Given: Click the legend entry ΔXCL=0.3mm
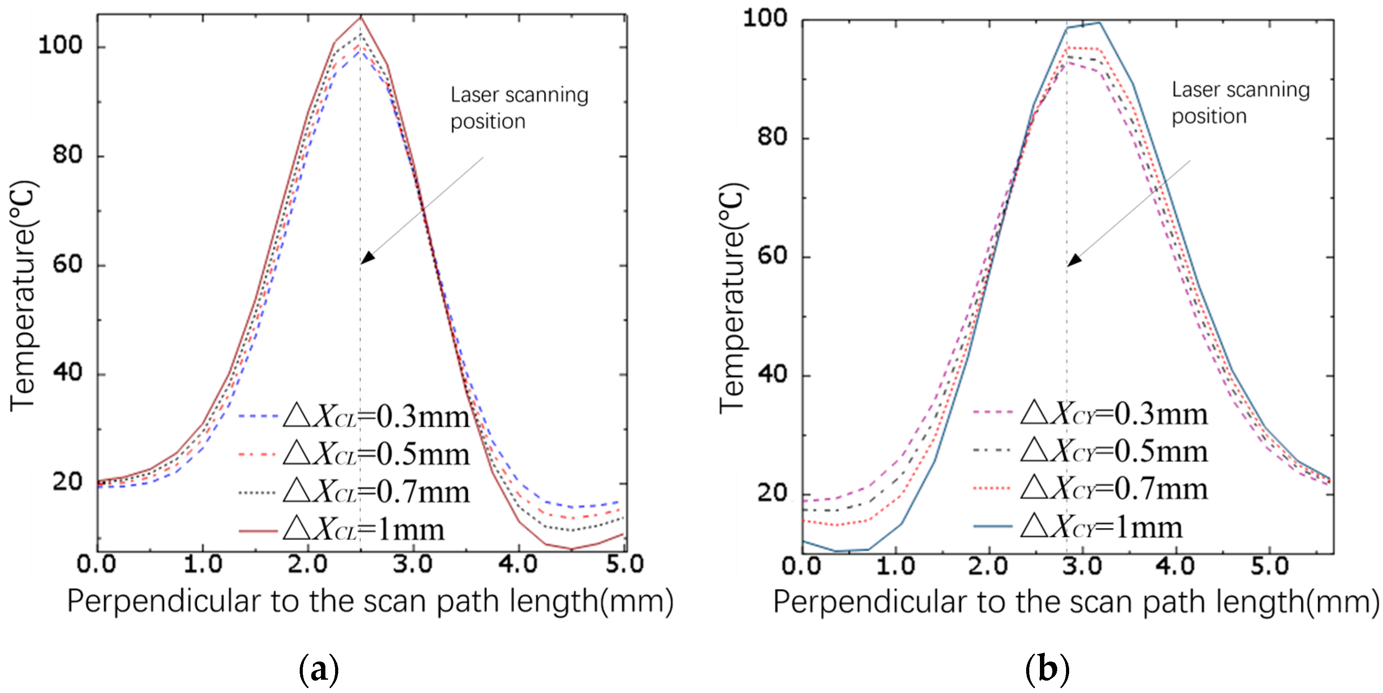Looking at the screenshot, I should coord(354,417).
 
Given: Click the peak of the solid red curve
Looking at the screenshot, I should coord(361,17).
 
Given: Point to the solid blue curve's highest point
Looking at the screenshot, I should coord(1100,23).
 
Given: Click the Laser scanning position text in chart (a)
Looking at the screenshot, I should coord(519,107).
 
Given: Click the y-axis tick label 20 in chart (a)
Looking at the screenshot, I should coord(67,482).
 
